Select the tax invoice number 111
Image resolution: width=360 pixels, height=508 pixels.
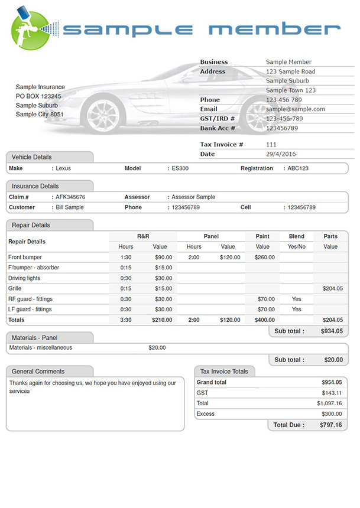271,145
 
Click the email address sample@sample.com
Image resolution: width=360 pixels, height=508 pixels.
296,109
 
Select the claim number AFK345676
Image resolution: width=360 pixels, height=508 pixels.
70,197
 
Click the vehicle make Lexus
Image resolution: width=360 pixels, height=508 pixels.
63,168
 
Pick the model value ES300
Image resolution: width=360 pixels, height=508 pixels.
180,168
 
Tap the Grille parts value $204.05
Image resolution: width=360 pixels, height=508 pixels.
332,288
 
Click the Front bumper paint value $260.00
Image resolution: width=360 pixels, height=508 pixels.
265,258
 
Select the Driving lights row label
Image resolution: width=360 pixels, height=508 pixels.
24,278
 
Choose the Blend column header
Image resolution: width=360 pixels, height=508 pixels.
297,236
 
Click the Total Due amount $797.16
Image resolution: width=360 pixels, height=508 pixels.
331,425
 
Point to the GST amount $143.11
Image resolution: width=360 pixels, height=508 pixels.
332,393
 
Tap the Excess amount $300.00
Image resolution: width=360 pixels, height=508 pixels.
331,414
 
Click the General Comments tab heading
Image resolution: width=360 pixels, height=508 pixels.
38,372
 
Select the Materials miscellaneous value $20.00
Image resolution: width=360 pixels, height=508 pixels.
157,347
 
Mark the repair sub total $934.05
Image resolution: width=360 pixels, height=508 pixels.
332,331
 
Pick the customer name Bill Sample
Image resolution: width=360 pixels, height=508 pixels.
70,208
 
